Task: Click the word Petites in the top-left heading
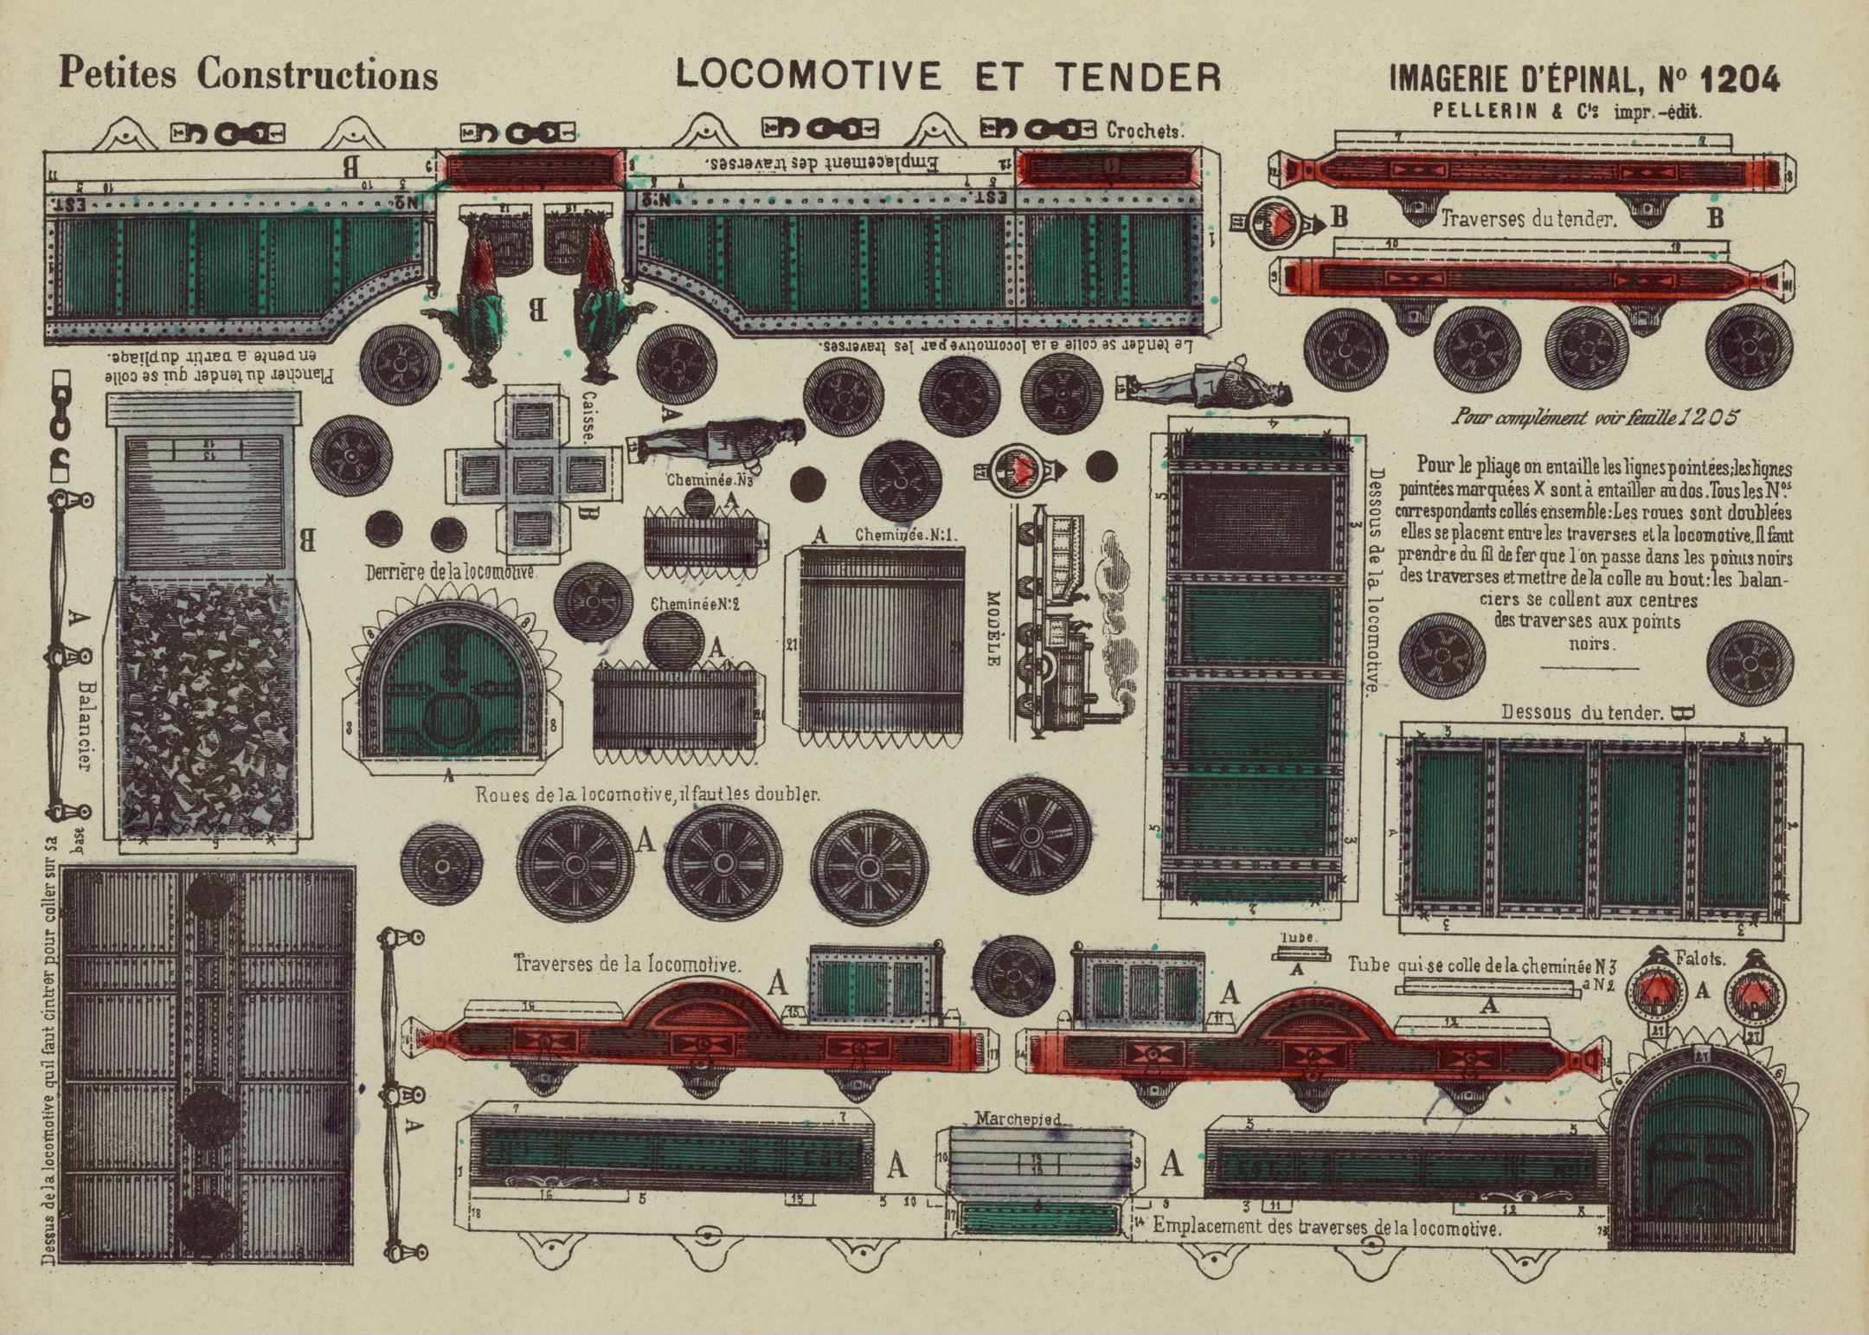(x=118, y=74)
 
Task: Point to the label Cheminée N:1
(x=906, y=535)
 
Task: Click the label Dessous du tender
(x=1582, y=713)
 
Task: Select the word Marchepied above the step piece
(x=1018, y=1119)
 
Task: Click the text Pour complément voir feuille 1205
(x=1594, y=418)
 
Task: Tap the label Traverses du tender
(x=1528, y=219)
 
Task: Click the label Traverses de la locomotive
(x=627, y=963)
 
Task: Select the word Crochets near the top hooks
(x=1144, y=131)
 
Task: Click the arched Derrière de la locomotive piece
(x=450, y=684)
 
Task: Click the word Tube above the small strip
(x=1297, y=937)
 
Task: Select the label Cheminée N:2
(x=695, y=604)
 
